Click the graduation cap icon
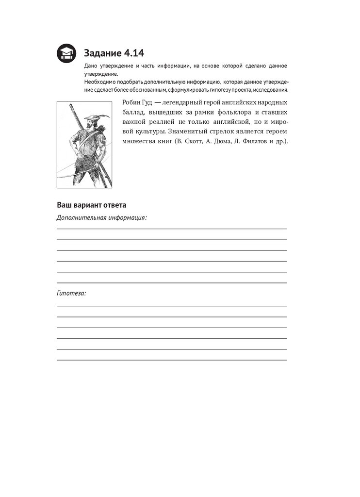65,53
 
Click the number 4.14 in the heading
131,52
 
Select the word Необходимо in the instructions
100,82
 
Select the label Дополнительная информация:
101,217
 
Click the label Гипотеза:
71,294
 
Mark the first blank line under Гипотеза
172,306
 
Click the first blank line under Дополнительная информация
172,229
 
